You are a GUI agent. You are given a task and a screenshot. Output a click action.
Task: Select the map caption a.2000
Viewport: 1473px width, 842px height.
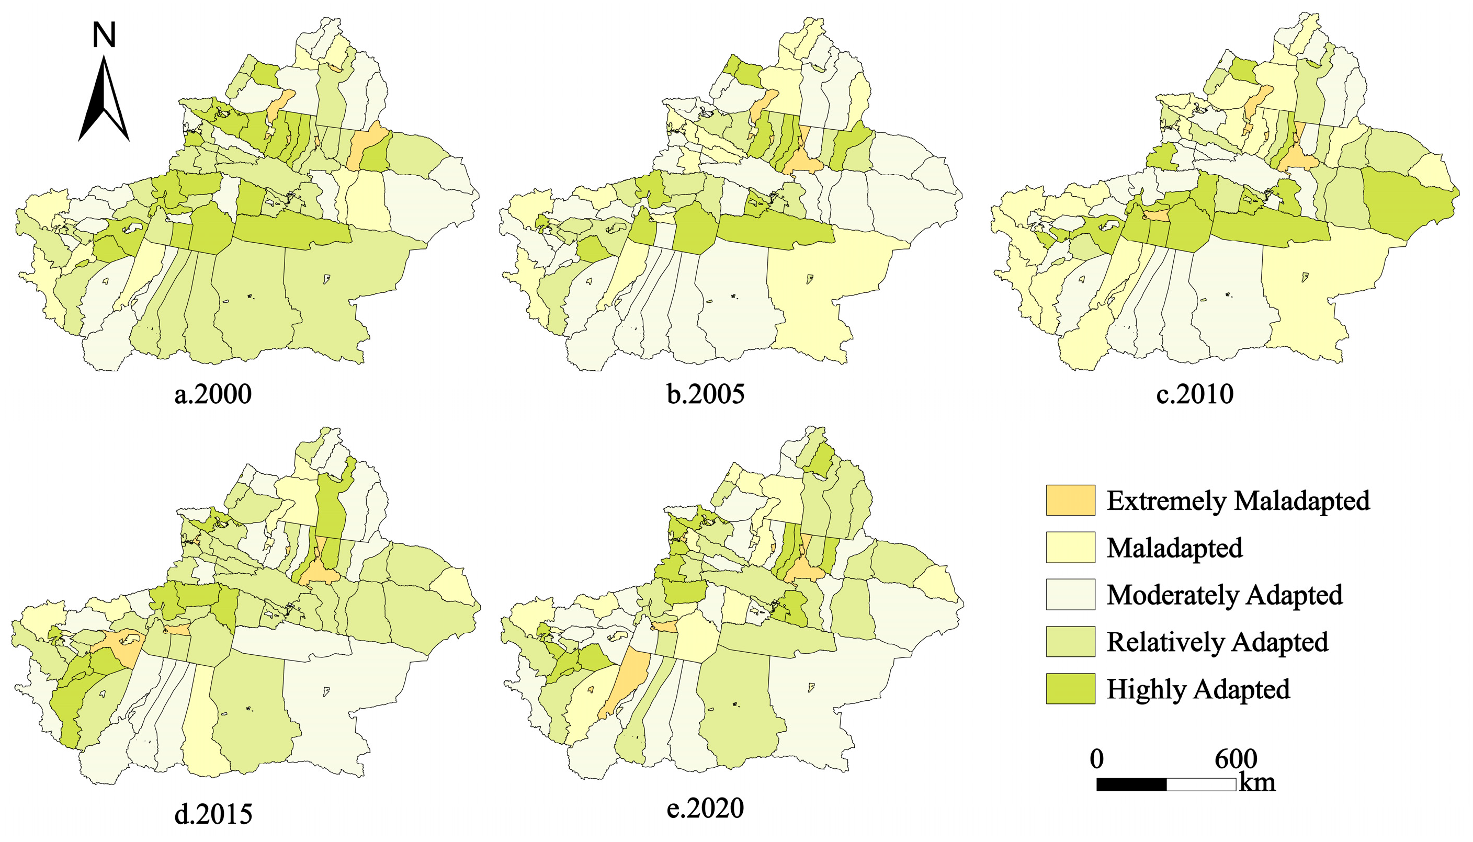213,394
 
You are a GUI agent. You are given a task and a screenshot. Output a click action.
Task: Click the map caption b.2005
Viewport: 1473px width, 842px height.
705,394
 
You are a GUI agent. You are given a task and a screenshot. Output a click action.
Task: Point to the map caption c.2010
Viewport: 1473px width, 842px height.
1195,394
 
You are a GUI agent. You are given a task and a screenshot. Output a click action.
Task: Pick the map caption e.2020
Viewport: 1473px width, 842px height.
705,808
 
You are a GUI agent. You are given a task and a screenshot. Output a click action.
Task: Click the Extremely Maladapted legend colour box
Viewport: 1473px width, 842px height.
1070,500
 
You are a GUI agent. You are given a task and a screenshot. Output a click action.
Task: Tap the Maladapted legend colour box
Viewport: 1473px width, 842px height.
1070,547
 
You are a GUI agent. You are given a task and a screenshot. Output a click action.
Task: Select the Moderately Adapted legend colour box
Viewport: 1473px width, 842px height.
1070,595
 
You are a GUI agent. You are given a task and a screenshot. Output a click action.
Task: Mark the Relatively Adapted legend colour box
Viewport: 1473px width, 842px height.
1070,641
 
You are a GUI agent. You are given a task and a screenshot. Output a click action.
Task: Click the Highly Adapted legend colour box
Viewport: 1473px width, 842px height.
1070,689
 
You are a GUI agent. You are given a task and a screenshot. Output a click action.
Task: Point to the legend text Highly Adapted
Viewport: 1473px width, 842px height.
1198,689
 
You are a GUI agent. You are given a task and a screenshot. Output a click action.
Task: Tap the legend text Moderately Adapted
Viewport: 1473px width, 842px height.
1225,595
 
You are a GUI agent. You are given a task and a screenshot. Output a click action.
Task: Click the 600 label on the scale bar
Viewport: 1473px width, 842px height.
1236,759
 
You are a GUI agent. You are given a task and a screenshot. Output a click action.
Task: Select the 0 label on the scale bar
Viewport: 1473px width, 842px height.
1096,759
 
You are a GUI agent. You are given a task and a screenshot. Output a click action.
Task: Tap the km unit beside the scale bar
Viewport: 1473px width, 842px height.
1257,783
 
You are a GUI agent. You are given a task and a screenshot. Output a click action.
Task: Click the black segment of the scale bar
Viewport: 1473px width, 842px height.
1131,785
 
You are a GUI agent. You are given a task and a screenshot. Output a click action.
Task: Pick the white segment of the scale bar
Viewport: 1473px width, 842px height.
1201,785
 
